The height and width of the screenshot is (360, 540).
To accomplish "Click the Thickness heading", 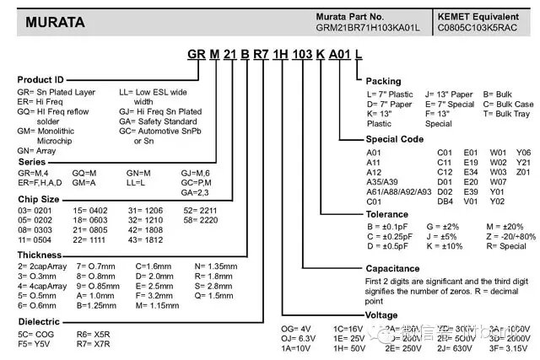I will (39, 253).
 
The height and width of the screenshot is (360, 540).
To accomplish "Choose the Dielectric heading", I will (39, 322).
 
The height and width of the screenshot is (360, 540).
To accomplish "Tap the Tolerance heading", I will (388, 214).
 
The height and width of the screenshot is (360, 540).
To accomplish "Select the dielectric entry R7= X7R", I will (93, 345).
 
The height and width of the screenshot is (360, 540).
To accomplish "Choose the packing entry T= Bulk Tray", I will (510, 113).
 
